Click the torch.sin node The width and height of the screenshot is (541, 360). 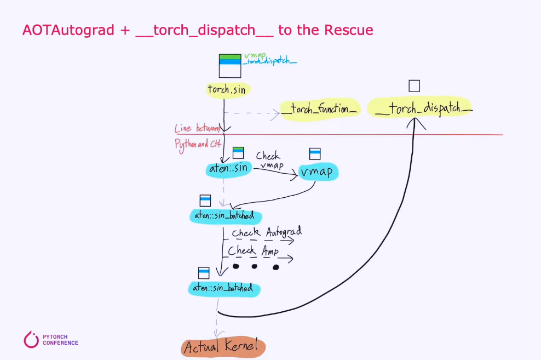(x=226, y=89)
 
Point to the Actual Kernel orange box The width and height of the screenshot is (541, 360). (x=223, y=347)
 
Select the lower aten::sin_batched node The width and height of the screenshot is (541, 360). (x=223, y=288)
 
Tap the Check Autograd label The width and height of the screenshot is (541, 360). (x=267, y=232)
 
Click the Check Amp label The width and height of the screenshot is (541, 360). (x=254, y=251)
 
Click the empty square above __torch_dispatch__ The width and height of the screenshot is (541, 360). (x=414, y=86)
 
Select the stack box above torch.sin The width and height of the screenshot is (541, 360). (x=229, y=66)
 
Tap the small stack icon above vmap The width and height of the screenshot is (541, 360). (x=315, y=153)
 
